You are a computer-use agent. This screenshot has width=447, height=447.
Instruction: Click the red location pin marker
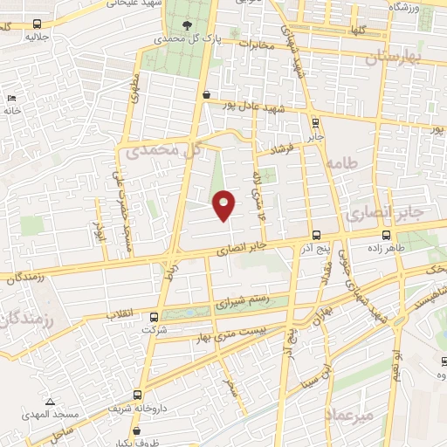click(x=224, y=204)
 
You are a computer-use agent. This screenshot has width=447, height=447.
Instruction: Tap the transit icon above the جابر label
click(x=315, y=123)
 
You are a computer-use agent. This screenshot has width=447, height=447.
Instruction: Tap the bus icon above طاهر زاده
click(x=386, y=235)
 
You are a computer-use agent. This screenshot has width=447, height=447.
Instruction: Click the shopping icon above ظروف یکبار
click(x=137, y=431)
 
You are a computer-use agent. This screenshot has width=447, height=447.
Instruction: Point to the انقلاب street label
click(x=120, y=311)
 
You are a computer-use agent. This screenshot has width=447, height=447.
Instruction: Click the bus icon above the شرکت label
click(x=155, y=318)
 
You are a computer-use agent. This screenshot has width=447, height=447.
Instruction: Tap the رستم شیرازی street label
click(x=239, y=303)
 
